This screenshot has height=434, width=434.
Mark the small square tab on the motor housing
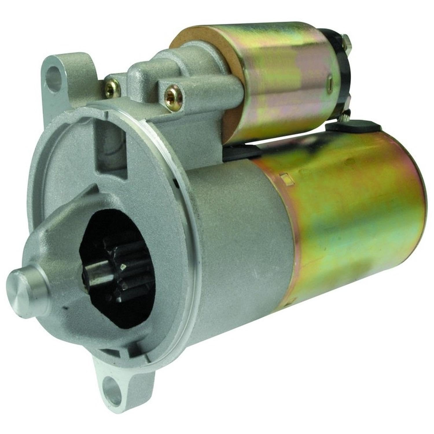(285, 176)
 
